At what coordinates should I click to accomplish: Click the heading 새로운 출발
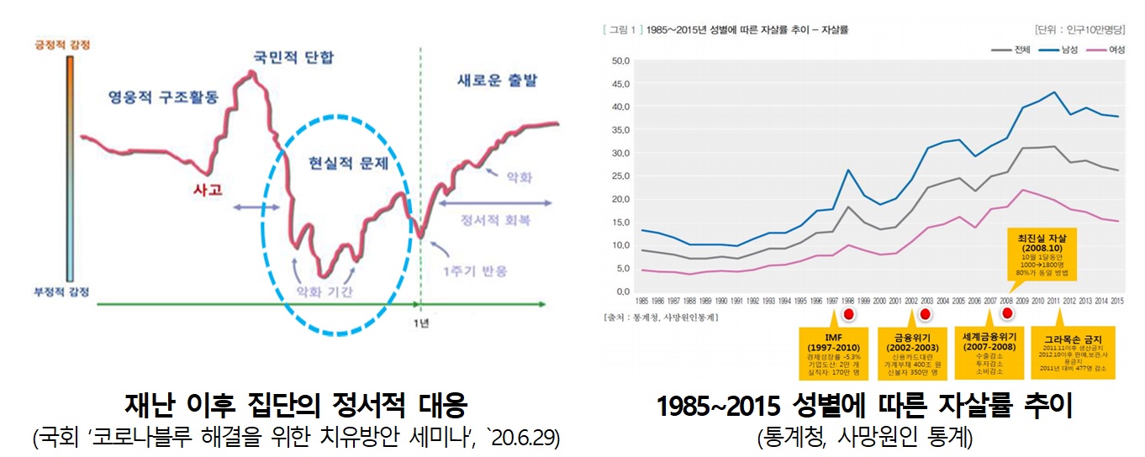pos(497,81)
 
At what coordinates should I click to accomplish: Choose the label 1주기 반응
pos(475,271)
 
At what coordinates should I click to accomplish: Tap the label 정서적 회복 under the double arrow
pos(495,220)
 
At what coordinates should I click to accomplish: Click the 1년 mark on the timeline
pos(421,323)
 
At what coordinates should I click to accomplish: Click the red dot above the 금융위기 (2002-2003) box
pos(926,314)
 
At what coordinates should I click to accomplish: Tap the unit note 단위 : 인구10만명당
pos(1083,29)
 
